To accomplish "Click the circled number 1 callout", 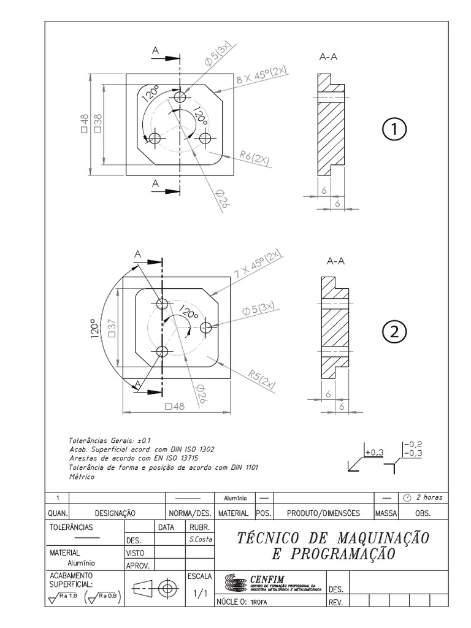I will pos(394,130).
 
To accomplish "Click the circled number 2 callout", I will pos(394,332).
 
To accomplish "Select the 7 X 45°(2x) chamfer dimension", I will pos(257,265).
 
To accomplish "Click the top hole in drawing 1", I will pos(180,98).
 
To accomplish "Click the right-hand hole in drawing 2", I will pos(206,327).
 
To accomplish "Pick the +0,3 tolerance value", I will pos(373,452).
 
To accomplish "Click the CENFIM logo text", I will pos(268,578).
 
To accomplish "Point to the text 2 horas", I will pos(429,497).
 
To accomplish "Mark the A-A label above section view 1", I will pos(329,57).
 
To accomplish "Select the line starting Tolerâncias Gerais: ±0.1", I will pos(106,440).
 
